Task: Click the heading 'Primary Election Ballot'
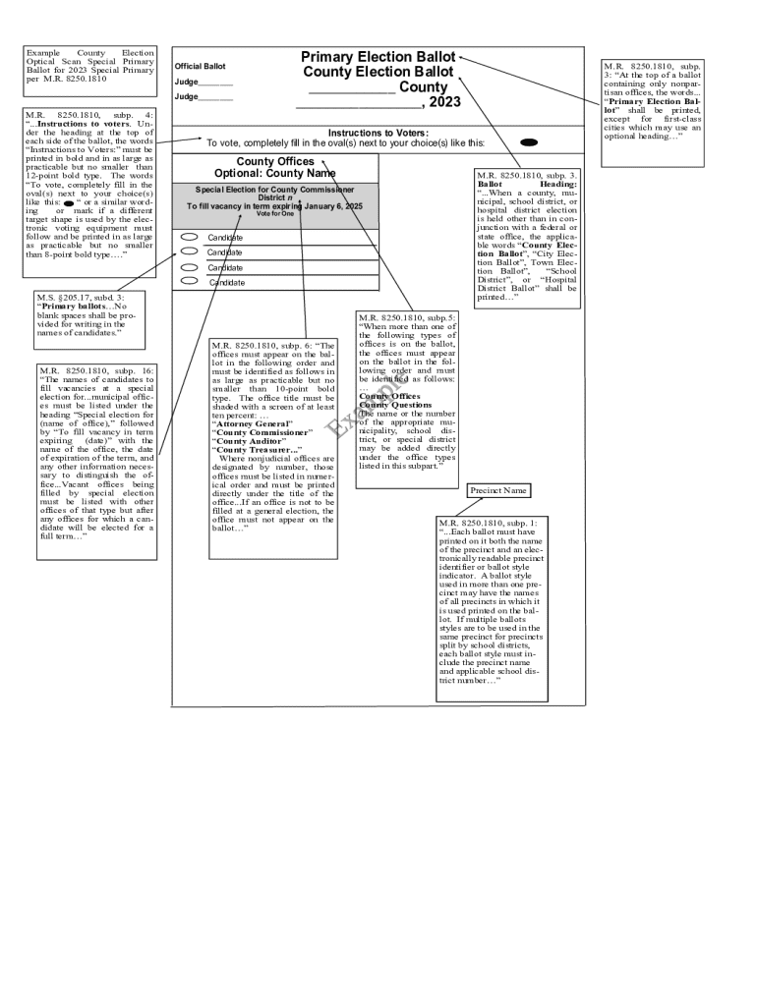point(378,57)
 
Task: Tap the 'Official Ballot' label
point(200,67)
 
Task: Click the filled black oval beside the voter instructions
point(528,142)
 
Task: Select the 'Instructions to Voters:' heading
point(378,133)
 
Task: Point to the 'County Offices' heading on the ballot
point(275,161)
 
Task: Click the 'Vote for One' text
point(275,214)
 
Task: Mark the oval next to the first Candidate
point(190,237)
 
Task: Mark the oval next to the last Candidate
point(190,282)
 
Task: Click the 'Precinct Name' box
point(497,490)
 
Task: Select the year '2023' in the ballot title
point(444,102)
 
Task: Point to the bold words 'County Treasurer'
point(258,449)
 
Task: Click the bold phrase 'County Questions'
point(395,405)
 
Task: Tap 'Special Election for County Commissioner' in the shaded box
point(274,189)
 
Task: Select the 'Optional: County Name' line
point(275,174)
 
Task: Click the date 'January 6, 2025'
point(329,206)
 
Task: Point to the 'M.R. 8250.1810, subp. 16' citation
point(96,369)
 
